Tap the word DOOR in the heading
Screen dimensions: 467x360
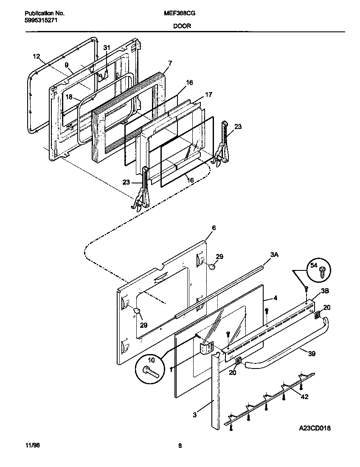point(182,26)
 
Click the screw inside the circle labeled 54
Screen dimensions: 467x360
point(322,272)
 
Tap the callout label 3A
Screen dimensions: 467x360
point(275,255)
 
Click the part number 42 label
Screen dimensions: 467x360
point(304,397)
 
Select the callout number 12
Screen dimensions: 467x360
point(36,56)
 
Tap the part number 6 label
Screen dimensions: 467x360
point(214,228)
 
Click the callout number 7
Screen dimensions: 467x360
point(170,63)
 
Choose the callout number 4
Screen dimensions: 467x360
point(275,298)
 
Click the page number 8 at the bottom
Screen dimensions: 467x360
point(180,445)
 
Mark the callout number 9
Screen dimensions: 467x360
point(67,65)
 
